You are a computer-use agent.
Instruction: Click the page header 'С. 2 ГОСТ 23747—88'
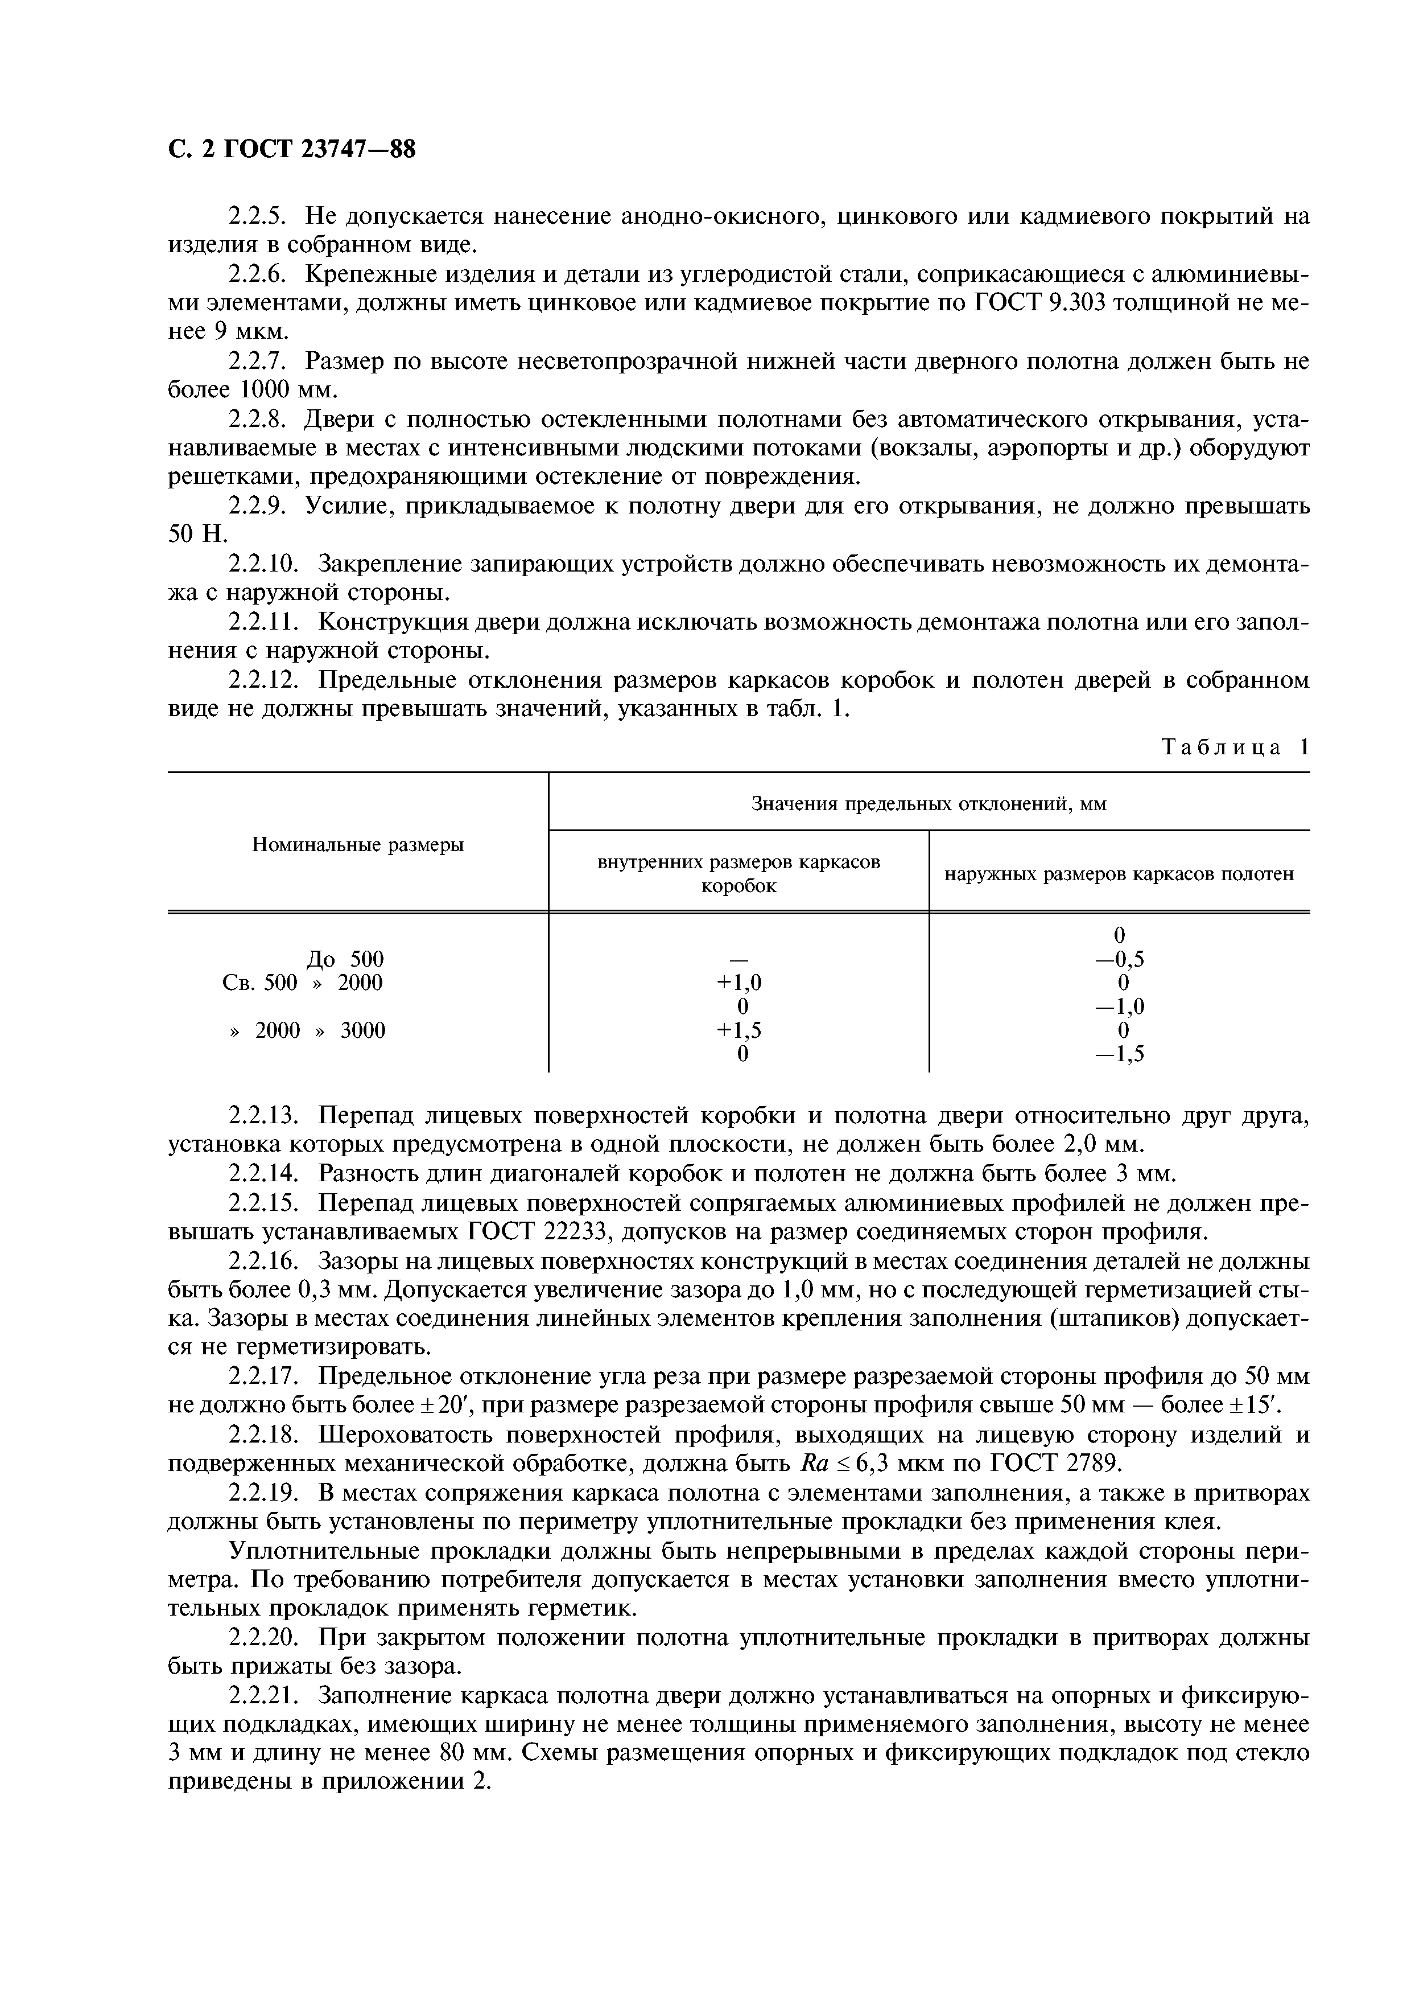pyautogui.click(x=292, y=150)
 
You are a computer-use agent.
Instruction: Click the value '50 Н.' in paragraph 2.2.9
pyautogui.click(x=197, y=535)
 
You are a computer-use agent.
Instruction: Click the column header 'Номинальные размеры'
pyautogui.click(x=357, y=845)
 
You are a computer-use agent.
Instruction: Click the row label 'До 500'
pyautogui.click(x=345, y=959)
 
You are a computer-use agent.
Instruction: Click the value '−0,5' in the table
pyautogui.click(x=1119, y=959)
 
